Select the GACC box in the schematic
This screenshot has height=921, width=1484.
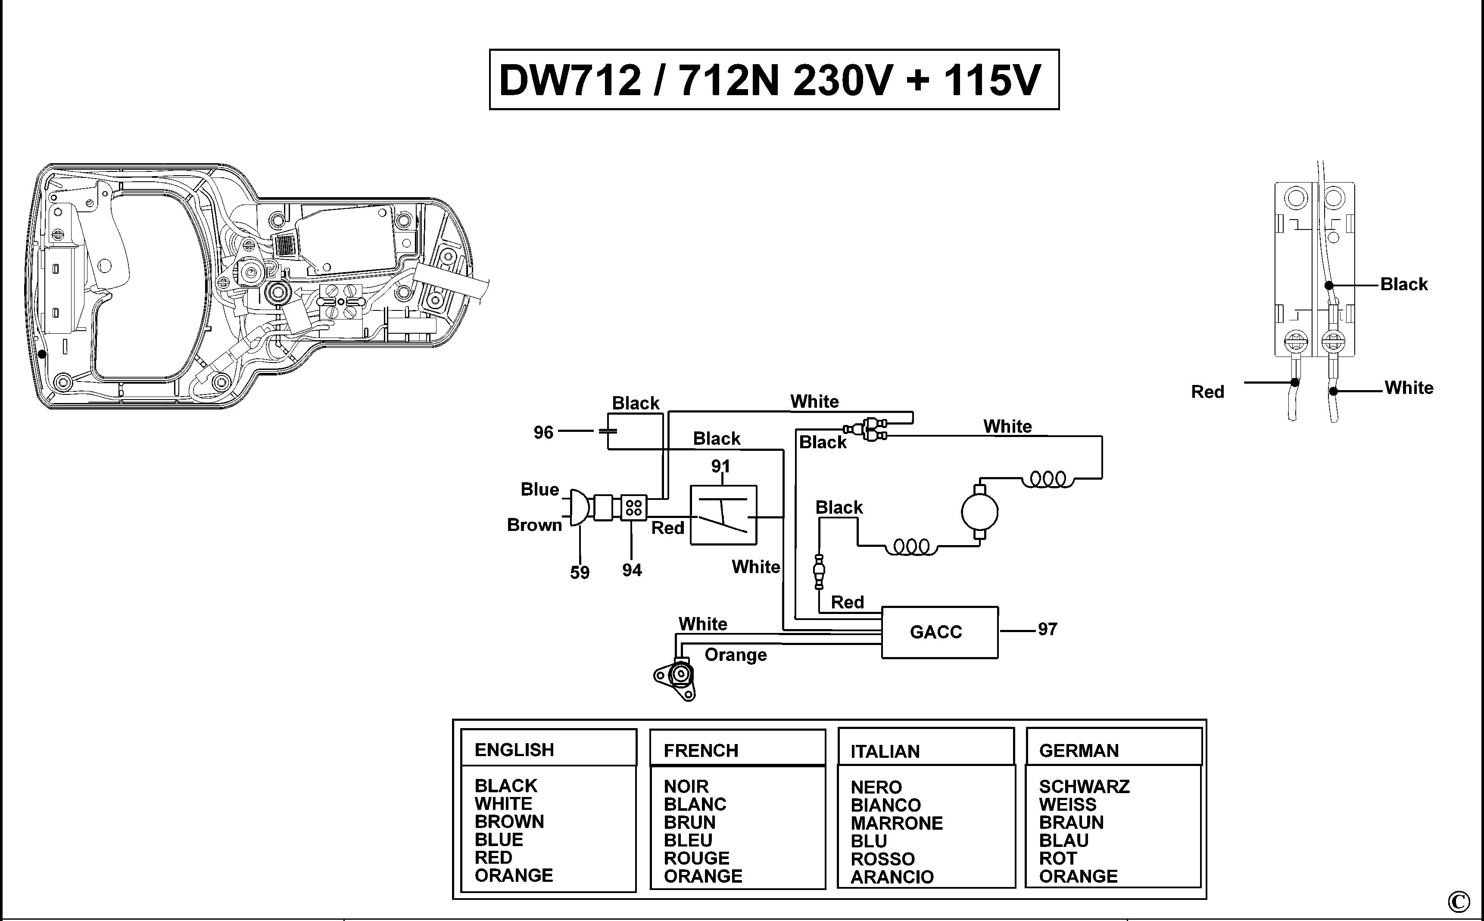[939, 632]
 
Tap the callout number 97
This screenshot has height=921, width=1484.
[1048, 629]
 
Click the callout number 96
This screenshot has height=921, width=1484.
[543, 432]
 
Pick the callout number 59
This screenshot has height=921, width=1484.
[580, 573]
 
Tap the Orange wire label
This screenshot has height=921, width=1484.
[735, 655]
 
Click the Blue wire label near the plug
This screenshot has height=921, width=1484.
[539, 489]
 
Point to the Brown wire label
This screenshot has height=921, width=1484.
[534, 525]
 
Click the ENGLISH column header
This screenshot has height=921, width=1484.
[514, 750]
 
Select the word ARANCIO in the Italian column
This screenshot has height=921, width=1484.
[892, 877]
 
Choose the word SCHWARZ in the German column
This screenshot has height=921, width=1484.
[1084, 786]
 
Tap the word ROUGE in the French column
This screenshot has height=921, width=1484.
[696, 858]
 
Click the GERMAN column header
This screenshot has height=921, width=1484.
[1079, 750]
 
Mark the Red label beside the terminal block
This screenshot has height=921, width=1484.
[1207, 392]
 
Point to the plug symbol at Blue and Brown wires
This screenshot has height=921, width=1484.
[578, 507]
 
